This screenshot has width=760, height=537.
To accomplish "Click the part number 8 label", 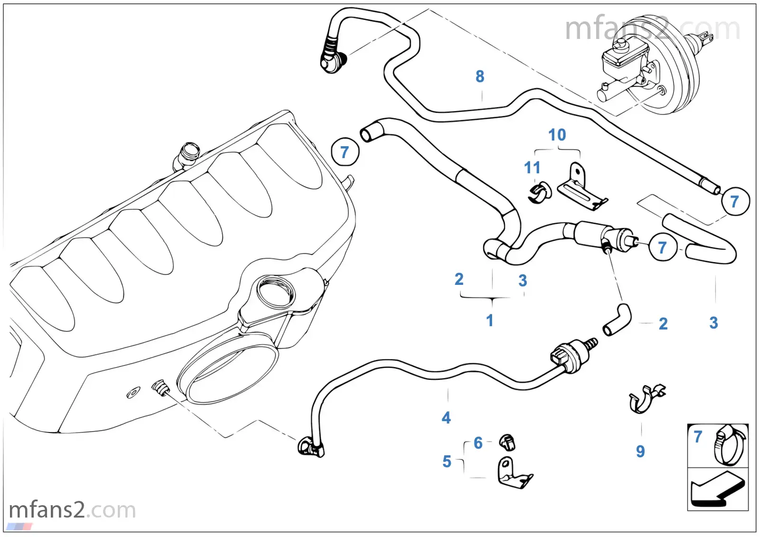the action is pyautogui.click(x=479, y=76).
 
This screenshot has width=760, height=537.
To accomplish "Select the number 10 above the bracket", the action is pyautogui.click(x=557, y=135).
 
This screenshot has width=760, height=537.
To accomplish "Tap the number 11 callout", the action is pyautogui.click(x=532, y=168).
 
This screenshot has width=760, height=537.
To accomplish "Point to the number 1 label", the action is pyautogui.click(x=489, y=320).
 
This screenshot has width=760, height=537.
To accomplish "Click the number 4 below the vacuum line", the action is pyautogui.click(x=446, y=418).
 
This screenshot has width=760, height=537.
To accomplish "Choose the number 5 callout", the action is pyautogui.click(x=447, y=462).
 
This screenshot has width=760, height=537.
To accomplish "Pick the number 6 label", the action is pyautogui.click(x=478, y=443).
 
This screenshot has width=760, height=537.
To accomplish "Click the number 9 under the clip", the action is pyautogui.click(x=640, y=451).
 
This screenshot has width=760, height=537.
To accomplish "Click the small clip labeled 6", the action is pyautogui.click(x=508, y=442).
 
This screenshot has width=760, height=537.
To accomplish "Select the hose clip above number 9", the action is pyautogui.click(x=646, y=399).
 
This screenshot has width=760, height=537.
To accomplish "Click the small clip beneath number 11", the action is pyautogui.click(x=540, y=193).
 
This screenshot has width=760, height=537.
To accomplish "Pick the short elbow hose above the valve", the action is pyautogui.click(x=617, y=320).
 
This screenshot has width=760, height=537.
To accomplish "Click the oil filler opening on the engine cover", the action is pyautogui.click(x=275, y=292).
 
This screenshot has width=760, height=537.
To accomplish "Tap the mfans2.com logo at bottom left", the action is pyautogui.click(x=72, y=510).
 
